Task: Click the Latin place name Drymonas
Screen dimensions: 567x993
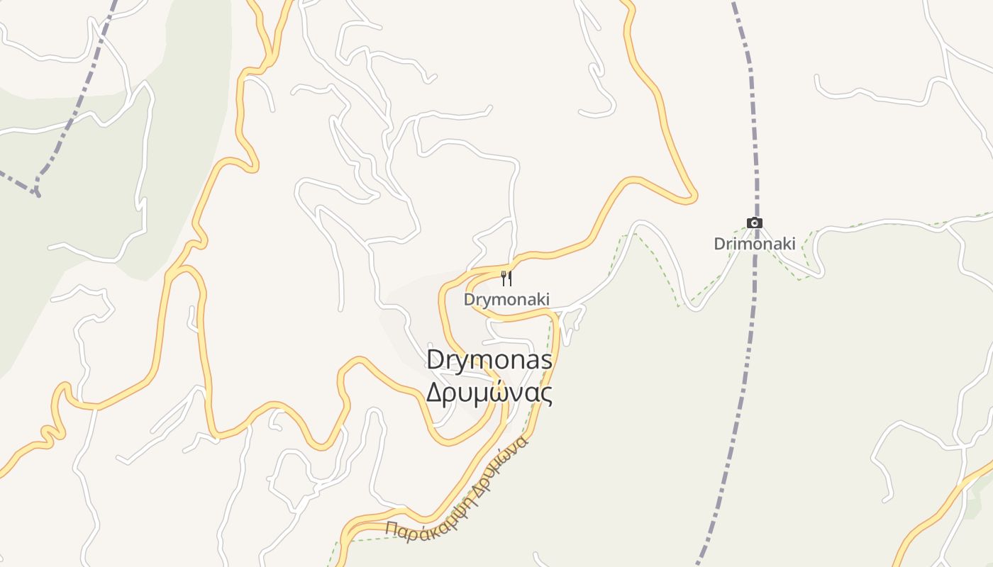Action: (489, 360)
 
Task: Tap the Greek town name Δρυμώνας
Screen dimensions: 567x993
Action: (489, 392)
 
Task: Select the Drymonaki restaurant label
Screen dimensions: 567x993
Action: (506, 300)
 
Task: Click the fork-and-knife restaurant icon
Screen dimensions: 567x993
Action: (506, 278)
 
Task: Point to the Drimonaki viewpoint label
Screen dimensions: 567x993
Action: (754, 244)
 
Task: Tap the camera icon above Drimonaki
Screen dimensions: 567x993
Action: (755, 223)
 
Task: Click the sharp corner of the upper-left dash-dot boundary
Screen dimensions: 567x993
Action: (35, 191)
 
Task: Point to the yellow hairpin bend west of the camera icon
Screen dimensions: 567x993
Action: (692, 198)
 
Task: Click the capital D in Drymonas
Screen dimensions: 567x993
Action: (434, 360)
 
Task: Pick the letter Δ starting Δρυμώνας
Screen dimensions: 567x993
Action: (434, 392)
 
